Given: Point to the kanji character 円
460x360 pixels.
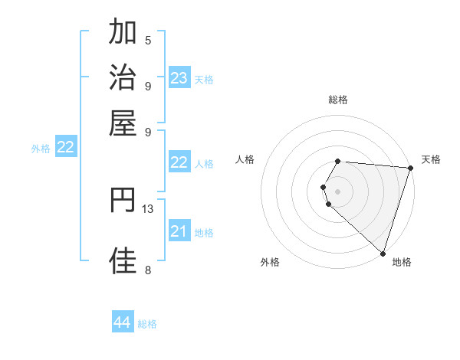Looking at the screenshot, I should [123, 201].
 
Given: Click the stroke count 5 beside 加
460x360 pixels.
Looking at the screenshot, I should [148, 40].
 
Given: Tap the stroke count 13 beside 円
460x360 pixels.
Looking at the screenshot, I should [148, 208].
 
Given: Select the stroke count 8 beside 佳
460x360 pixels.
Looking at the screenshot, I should [148, 269].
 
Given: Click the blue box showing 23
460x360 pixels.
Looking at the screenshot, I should [179, 78].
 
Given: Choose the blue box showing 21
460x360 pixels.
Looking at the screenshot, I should [179, 231].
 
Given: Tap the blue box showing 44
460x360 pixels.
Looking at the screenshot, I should [123, 322].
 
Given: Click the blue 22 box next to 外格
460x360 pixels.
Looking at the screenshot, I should [66, 148].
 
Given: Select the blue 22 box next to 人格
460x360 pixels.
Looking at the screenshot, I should [179, 162].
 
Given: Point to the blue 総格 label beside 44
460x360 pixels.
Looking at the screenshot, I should [147, 324].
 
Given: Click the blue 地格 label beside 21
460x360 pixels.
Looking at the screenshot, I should [204, 233].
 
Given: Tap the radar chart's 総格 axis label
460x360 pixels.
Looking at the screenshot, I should [338, 100].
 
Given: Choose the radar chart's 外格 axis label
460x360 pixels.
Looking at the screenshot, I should [270, 262].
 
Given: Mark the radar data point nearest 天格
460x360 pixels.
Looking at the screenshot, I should [410, 169].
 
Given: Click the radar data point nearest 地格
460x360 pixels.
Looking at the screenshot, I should [383, 253].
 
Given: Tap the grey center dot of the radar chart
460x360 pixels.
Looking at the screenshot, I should [338, 191].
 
